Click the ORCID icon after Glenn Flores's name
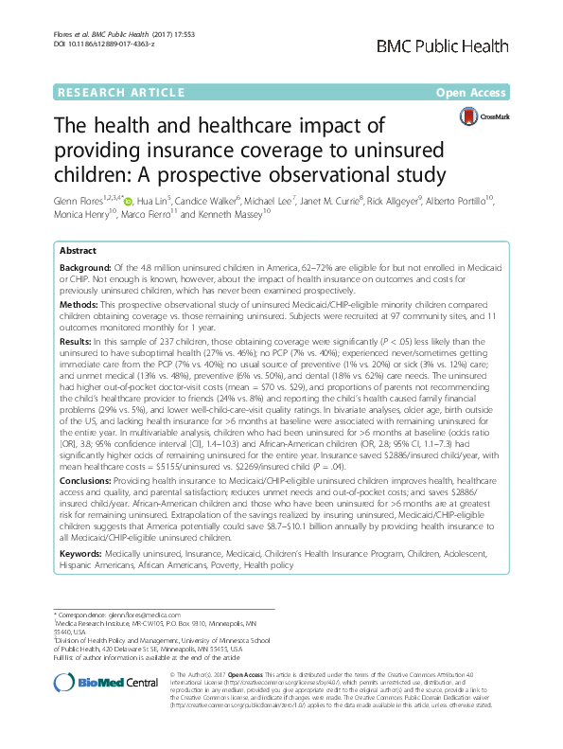pos(130,202)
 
